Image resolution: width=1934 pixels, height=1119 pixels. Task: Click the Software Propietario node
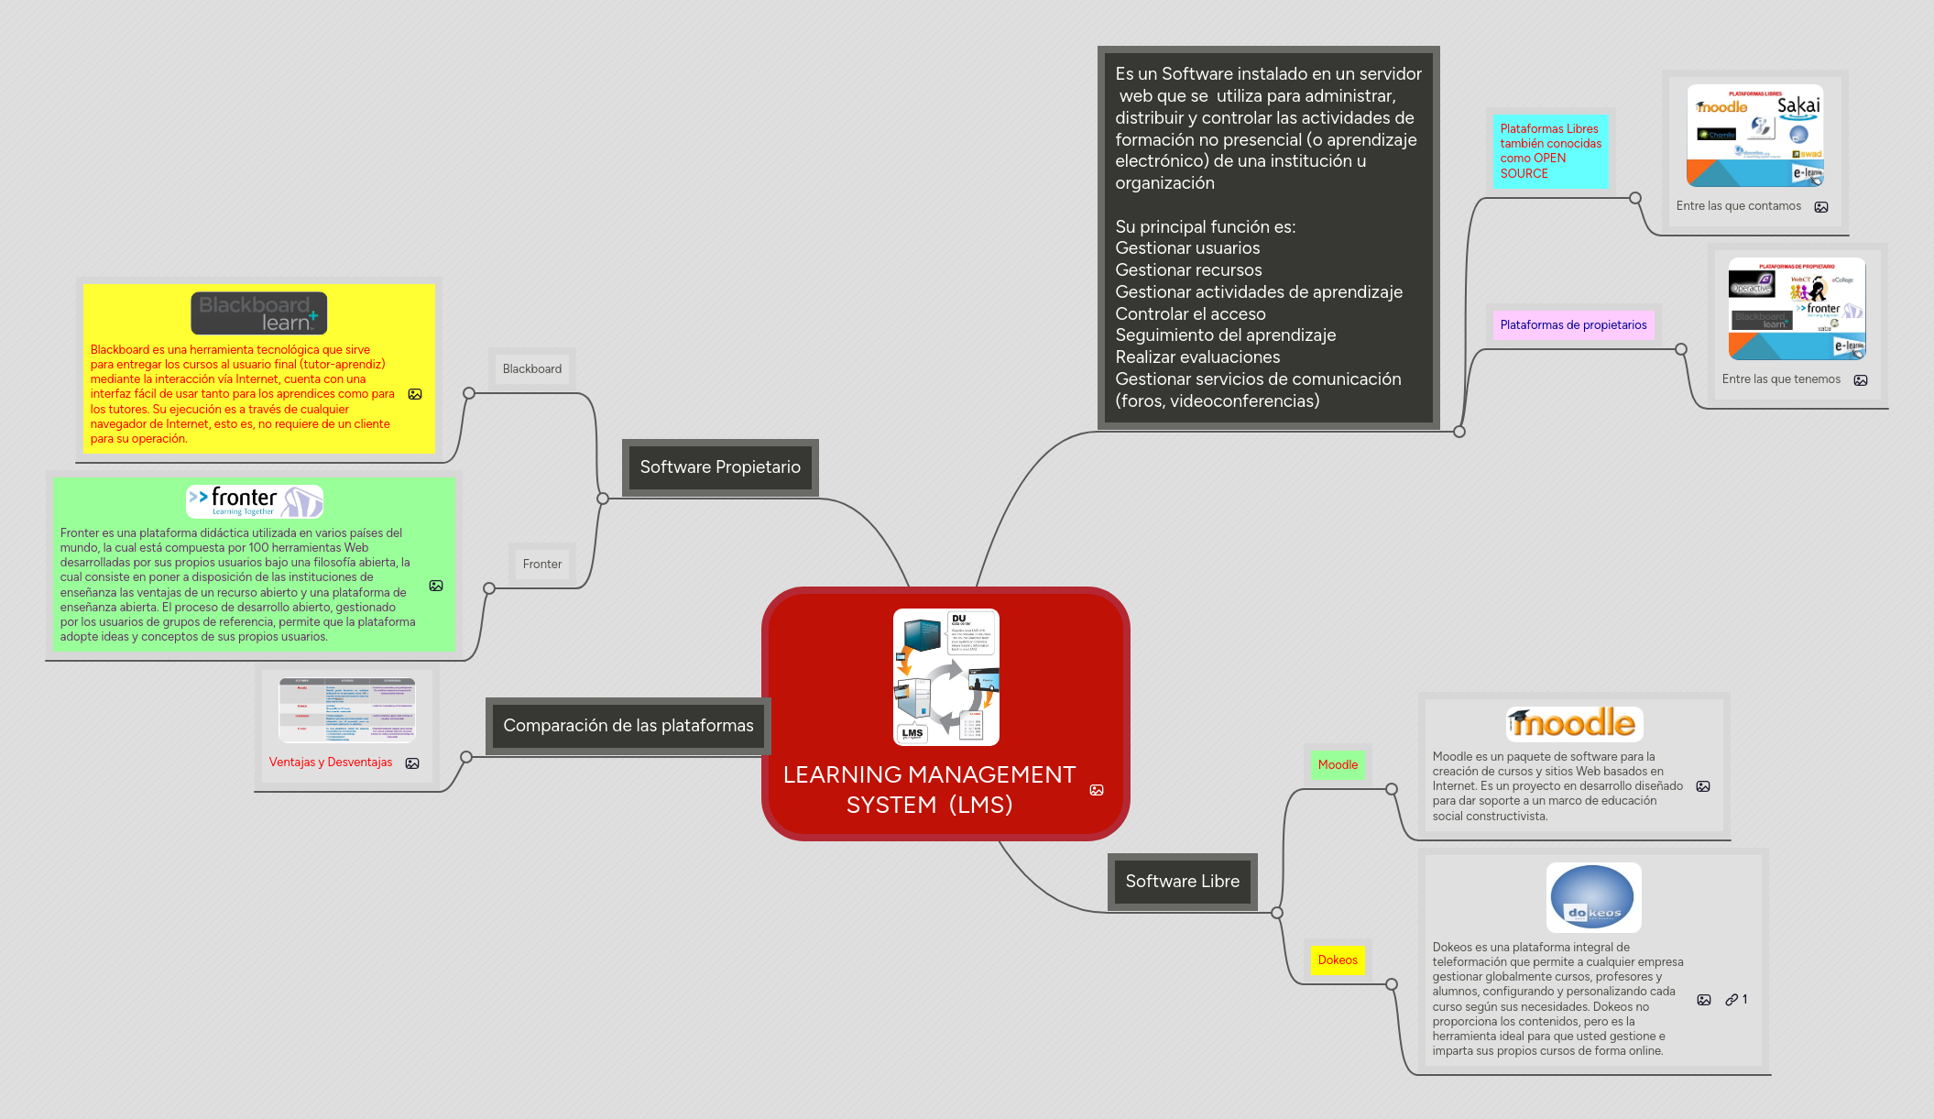pyautogui.click(x=720, y=467)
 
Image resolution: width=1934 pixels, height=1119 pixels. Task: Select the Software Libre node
pyautogui.click(x=1182, y=882)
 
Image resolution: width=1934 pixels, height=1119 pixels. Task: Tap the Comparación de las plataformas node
pyautogui.click(x=628, y=726)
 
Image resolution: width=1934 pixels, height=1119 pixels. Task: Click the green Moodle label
pyautogui.click(x=1338, y=765)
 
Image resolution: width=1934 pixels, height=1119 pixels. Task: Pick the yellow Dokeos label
pyautogui.click(x=1338, y=960)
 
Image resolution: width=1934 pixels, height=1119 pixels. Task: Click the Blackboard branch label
pyautogui.click(x=532, y=369)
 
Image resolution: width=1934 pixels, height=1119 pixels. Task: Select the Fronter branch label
pyautogui.click(x=542, y=565)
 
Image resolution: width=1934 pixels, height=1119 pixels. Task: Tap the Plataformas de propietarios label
pyautogui.click(x=1573, y=325)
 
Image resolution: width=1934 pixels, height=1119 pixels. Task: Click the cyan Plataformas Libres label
pyautogui.click(x=1550, y=151)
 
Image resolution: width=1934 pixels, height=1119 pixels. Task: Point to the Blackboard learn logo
pyautogui.click(x=258, y=313)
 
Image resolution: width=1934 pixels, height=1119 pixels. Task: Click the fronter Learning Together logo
pyautogui.click(x=255, y=501)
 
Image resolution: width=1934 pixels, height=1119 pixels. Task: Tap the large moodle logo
pyautogui.click(x=1574, y=724)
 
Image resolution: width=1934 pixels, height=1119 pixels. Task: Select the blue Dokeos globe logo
pyautogui.click(x=1593, y=898)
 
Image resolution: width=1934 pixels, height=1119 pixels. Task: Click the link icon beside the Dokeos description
pyautogui.click(x=1732, y=1000)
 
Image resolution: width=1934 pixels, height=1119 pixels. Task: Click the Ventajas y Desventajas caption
pyautogui.click(x=331, y=762)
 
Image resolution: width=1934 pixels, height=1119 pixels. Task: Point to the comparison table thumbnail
pyautogui.click(x=347, y=710)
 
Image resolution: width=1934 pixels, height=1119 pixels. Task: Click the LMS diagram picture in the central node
pyautogui.click(x=945, y=677)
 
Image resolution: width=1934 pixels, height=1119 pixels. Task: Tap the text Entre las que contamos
pyautogui.click(x=1738, y=206)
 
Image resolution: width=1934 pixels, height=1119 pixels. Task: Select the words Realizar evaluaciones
pyautogui.click(x=1197, y=357)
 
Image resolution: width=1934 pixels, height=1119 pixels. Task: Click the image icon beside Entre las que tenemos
pyautogui.click(x=1861, y=380)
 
